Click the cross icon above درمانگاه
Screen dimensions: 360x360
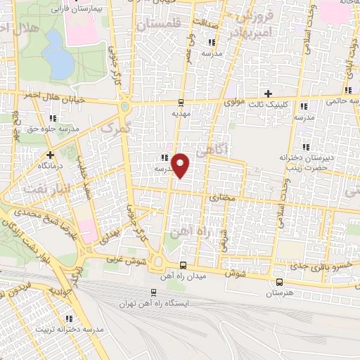[x=49, y=154]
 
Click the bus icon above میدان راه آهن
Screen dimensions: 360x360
[x=184, y=265]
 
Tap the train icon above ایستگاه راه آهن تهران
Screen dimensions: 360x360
[x=154, y=292]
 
